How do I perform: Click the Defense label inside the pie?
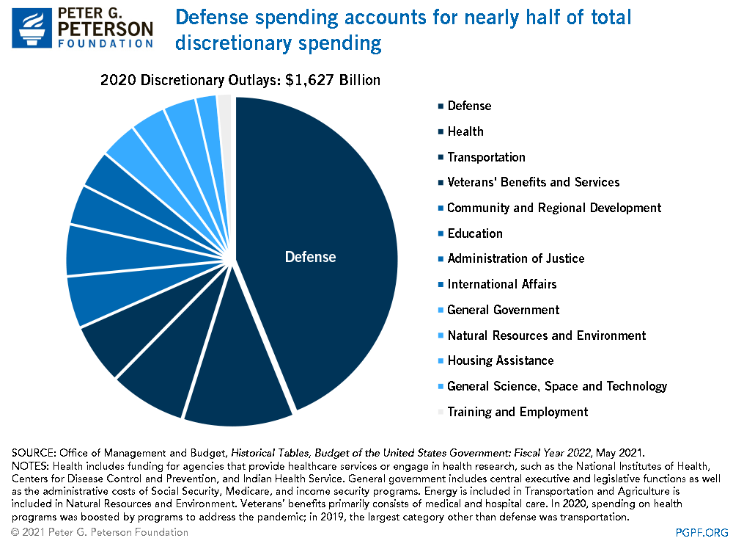(x=310, y=257)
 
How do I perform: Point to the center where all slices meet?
(x=232, y=260)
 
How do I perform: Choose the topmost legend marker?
(x=441, y=106)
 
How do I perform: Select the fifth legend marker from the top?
(x=441, y=208)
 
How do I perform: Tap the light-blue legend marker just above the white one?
(x=441, y=386)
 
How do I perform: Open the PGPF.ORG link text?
(x=701, y=532)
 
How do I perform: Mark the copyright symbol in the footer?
(x=15, y=532)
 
